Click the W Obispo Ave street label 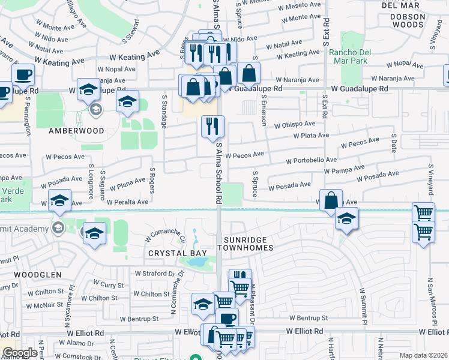pyautogui.click(x=295, y=125)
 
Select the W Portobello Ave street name pyautogui.click(x=312, y=161)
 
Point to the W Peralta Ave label pyautogui.click(x=125, y=202)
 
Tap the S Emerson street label pyautogui.click(x=264, y=110)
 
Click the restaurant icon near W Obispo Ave pyautogui.click(x=212, y=126)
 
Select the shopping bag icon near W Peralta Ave pyautogui.click(x=331, y=200)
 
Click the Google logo pyautogui.click(x=20, y=353)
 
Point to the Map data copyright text pyautogui.click(x=423, y=355)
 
